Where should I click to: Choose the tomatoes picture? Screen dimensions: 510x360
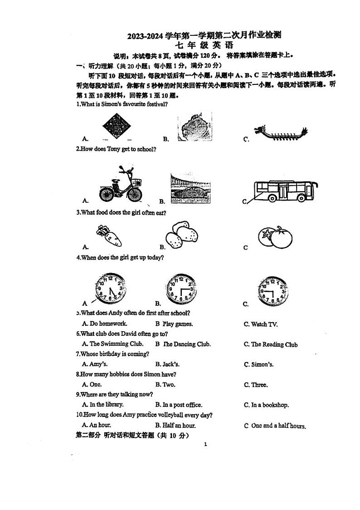(x=275, y=236)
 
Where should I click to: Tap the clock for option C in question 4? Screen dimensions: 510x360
(x=273, y=290)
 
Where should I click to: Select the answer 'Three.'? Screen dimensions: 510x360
(x=259, y=385)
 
